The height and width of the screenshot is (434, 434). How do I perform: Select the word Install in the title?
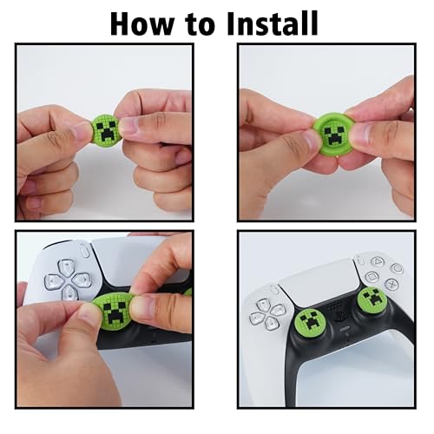(x=273, y=23)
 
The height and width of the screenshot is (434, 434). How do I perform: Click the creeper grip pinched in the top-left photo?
(x=106, y=129)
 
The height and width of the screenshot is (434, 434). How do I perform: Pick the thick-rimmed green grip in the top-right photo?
(x=333, y=134)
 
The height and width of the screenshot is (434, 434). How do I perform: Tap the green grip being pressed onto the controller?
(x=115, y=310)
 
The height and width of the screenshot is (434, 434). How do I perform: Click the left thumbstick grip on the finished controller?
(x=310, y=320)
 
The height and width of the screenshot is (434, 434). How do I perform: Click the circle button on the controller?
(x=397, y=268)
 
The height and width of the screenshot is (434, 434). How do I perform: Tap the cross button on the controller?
(x=391, y=284)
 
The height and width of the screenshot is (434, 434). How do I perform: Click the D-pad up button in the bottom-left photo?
(x=66, y=267)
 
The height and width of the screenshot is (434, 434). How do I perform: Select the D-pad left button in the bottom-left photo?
(x=54, y=282)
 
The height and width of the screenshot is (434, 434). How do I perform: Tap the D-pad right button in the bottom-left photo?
(x=82, y=280)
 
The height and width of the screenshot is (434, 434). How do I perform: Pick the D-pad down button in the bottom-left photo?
(x=69, y=293)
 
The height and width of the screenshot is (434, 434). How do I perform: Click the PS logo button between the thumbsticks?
(x=340, y=316)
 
